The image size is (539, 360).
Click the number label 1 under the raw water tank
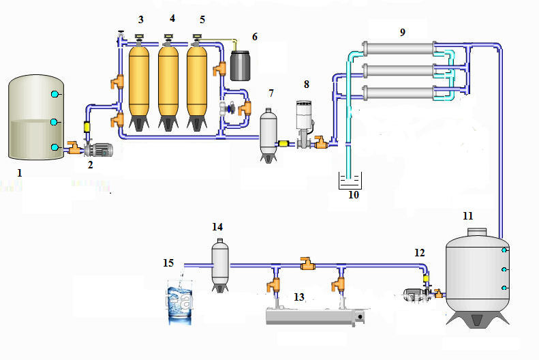pos(20,173)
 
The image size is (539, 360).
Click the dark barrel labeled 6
pos(242,65)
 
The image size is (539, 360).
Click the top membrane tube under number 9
pos(399,48)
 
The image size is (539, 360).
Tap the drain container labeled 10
pos(351,181)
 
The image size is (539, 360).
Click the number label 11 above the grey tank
pos(467,215)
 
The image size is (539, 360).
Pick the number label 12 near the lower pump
pos(420,252)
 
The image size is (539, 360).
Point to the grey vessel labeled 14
pos(219,262)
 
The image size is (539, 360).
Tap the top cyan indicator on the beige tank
pos(55,92)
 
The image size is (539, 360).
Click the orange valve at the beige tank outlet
pos(71,147)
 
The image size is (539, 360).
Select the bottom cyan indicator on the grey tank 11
pos(504,288)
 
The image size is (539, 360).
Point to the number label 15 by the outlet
pos(168,262)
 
